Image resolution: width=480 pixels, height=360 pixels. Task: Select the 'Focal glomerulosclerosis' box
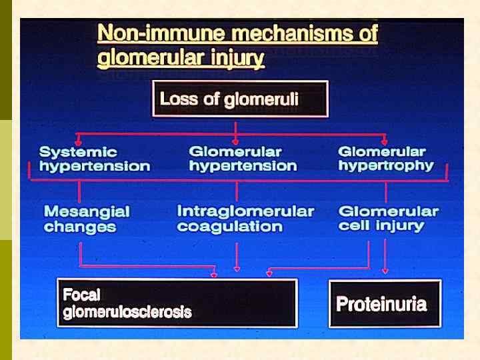177,303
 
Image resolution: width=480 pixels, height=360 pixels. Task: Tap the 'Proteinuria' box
385,304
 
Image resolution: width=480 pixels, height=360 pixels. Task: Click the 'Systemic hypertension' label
94,159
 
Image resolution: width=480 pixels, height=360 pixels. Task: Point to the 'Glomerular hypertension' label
243,159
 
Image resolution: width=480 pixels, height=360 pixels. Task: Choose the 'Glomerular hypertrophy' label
385,159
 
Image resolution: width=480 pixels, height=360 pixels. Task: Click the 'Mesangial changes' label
87,219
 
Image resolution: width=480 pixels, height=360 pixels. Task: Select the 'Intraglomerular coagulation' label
245,219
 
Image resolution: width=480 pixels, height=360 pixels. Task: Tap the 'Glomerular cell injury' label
389,219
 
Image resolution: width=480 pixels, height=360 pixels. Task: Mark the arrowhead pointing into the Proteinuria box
385,271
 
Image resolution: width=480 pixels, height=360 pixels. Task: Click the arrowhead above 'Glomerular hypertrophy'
385,141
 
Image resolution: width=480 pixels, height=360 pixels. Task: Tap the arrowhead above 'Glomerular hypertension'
236,141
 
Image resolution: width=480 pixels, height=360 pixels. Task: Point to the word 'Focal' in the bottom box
81,294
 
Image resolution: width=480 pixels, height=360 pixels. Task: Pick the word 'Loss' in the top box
175,99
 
